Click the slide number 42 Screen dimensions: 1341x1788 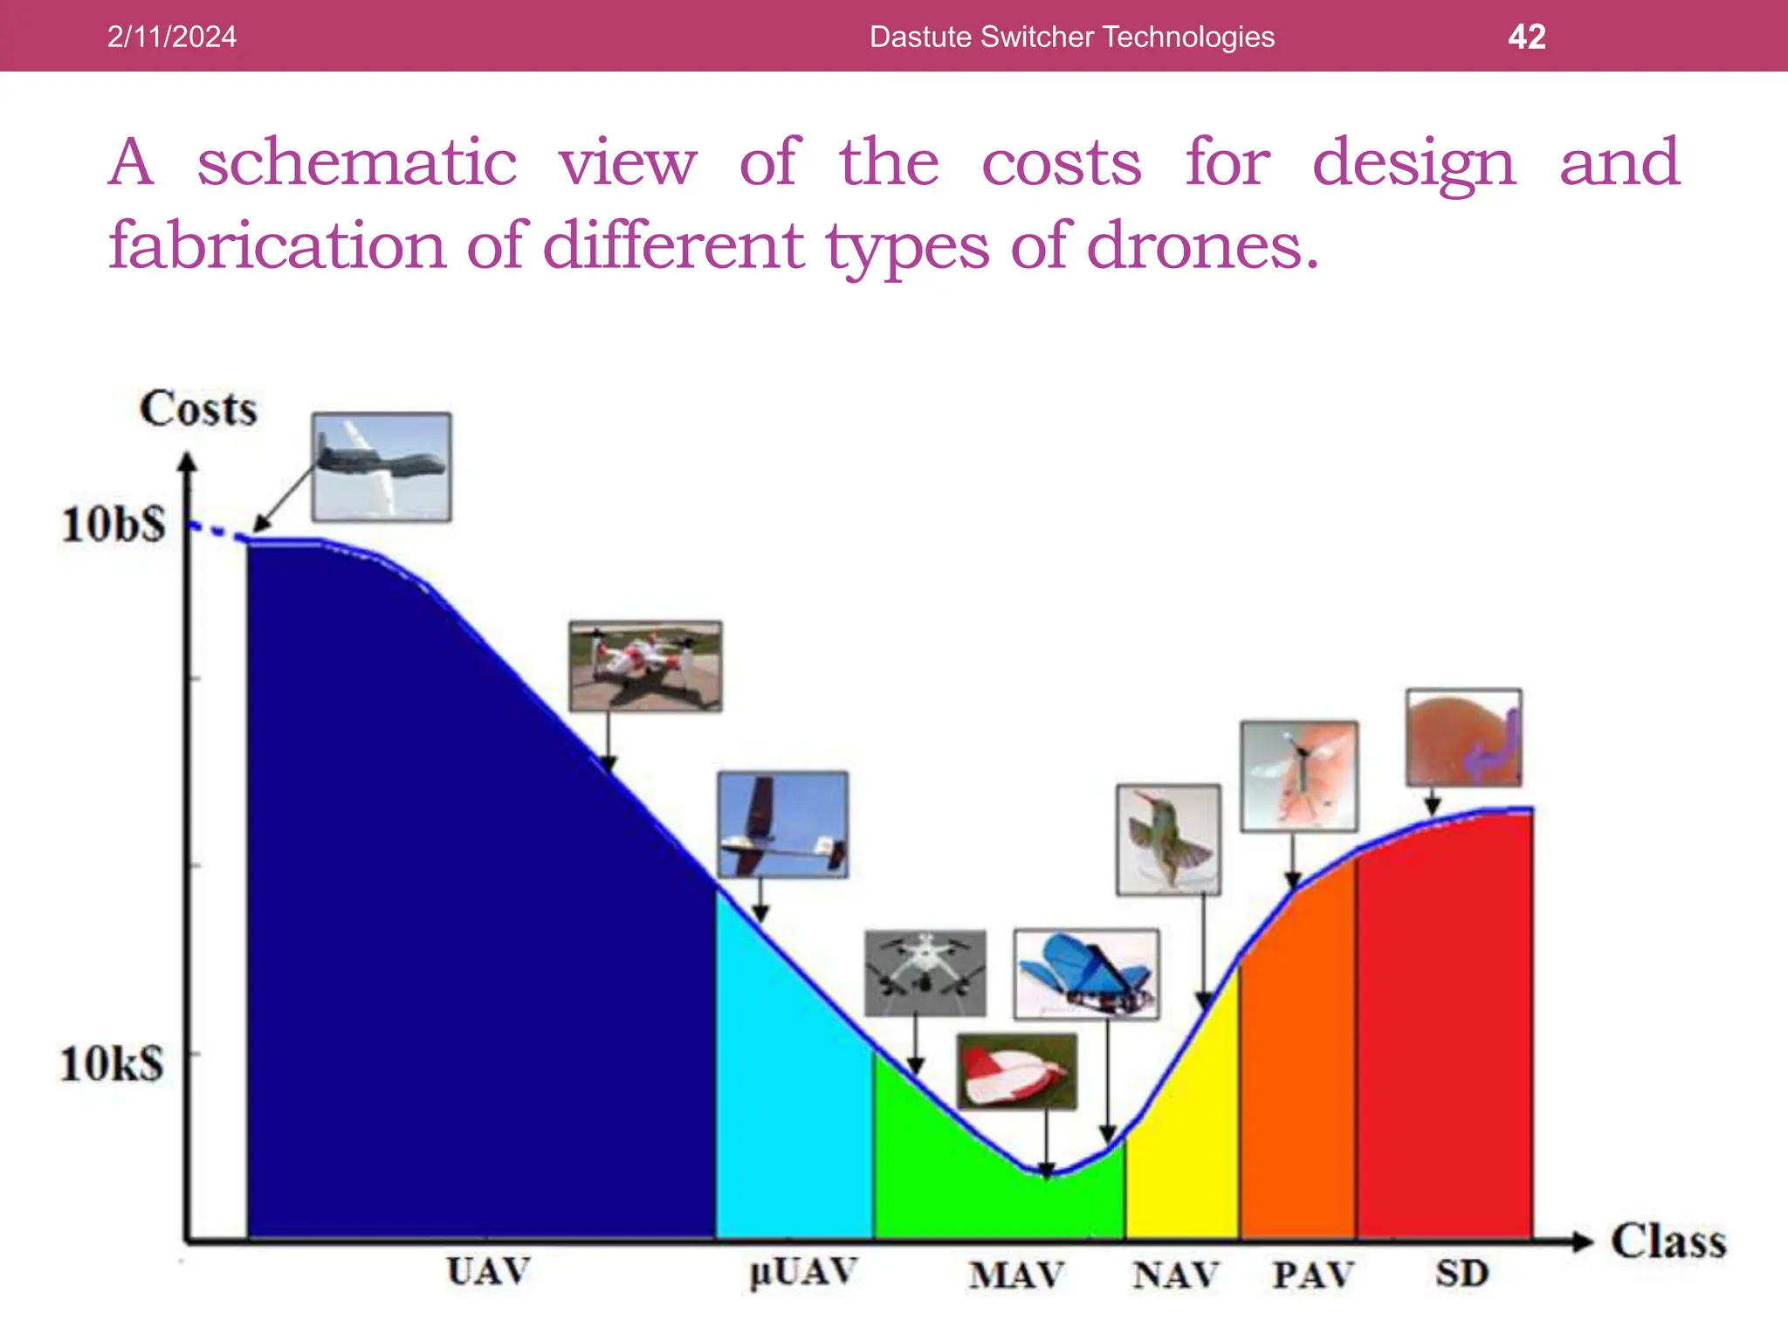[1526, 37]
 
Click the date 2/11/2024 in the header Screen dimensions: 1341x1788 [171, 37]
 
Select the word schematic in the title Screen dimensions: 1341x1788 [357, 163]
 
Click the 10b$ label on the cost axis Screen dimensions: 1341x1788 [113, 526]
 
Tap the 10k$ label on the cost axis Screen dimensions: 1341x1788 [112, 1064]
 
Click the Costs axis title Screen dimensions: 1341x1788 [198, 409]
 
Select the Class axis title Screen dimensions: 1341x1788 [1668, 1241]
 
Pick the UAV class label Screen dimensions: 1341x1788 [488, 1271]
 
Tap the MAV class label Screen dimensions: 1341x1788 [1016, 1276]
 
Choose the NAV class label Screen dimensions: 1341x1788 [1175, 1276]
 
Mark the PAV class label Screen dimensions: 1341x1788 [1312, 1276]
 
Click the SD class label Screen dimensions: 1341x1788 [1461, 1274]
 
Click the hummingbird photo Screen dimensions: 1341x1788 [1168, 839]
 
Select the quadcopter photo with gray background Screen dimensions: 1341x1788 [925, 973]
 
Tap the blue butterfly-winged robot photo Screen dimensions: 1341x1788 [1086, 973]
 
